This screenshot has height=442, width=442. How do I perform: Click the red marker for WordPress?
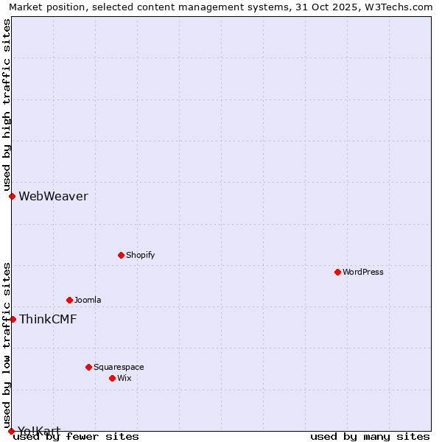pyautogui.click(x=338, y=272)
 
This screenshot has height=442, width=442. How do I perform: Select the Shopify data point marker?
pyautogui.click(x=122, y=255)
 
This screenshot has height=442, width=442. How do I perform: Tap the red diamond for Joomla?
pyautogui.click(x=70, y=300)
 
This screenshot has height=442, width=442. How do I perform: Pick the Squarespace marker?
pyautogui.click(x=89, y=367)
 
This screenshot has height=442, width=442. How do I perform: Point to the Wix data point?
pyautogui.click(x=113, y=378)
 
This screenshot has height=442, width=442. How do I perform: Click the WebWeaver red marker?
pyautogui.click(x=13, y=196)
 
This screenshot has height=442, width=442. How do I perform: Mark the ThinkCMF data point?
pyautogui.click(x=13, y=319)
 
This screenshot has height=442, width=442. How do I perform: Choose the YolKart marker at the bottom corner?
pyautogui.click(x=11, y=431)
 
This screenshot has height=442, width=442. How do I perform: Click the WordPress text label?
pyautogui.click(x=363, y=272)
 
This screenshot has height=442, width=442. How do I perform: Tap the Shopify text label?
pyautogui.click(x=140, y=255)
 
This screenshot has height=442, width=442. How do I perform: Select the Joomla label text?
pyautogui.click(x=88, y=300)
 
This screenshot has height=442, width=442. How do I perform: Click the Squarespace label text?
pyautogui.click(x=119, y=367)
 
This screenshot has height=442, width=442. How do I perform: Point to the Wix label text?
pyautogui.click(x=124, y=378)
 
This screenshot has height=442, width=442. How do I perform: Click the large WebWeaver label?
pyautogui.click(x=53, y=196)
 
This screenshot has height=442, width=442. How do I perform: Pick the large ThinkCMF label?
pyautogui.click(x=48, y=319)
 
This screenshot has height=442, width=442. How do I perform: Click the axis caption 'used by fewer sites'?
pyautogui.click(x=76, y=437)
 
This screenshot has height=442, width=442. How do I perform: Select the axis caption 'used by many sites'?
pyautogui.click(x=370, y=437)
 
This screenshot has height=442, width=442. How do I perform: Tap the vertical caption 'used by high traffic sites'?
pyautogui.click(x=7, y=105)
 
